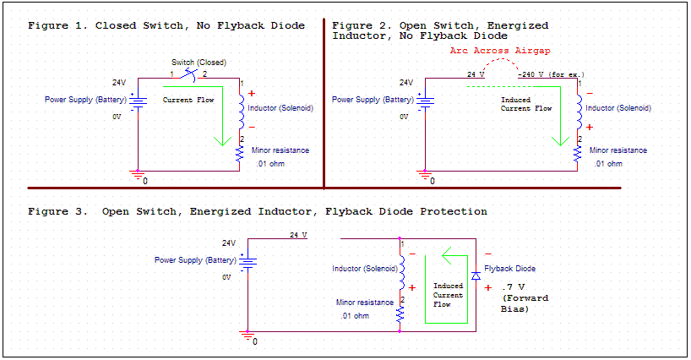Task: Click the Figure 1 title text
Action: point(166,25)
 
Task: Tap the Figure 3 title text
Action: point(258,210)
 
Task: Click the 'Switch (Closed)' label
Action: point(199,63)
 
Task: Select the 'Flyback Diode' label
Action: point(509,269)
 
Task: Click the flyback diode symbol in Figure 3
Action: point(476,276)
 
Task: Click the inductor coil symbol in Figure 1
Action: point(240,110)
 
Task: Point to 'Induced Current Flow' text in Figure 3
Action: point(449,295)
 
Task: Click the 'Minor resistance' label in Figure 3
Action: point(364,302)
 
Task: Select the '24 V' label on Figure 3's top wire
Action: point(299,234)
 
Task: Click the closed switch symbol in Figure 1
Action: point(196,75)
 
